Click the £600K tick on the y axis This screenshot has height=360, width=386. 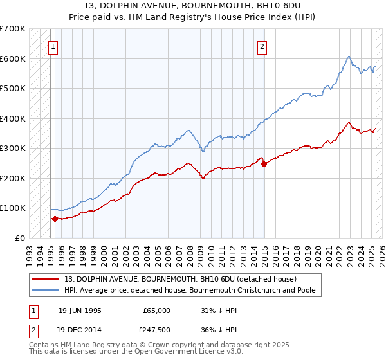[14, 59]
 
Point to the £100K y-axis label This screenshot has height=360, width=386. [14, 208]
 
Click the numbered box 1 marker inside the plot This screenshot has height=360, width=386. [52, 46]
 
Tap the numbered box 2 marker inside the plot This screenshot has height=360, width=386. [262, 46]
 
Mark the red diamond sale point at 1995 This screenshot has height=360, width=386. [55, 219]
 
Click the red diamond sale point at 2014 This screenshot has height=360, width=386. [264, 163]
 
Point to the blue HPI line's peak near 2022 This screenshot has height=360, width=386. [348, 57]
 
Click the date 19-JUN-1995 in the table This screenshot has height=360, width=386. [80, 310]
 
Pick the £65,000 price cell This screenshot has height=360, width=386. [156, 310]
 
